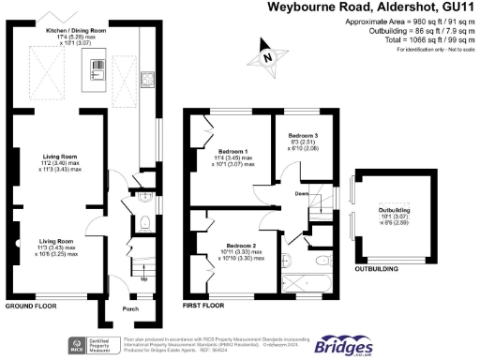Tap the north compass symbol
270,57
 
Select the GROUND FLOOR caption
32,307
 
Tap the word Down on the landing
301,194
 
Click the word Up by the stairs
142,278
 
